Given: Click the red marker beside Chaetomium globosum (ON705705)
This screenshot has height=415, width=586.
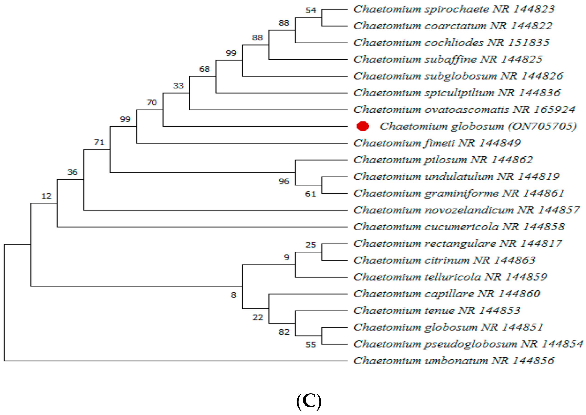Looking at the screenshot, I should tap(363, 126).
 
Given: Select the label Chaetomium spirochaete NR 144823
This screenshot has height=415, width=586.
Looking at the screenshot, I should tap(454, 9).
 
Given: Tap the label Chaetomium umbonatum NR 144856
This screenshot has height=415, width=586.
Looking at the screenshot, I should tap(454, 361).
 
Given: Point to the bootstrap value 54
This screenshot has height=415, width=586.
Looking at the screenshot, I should tap(311, 11).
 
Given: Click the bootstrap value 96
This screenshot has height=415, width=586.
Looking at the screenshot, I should tap(284, 182).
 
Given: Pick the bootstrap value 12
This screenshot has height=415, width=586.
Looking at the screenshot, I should tap(46, 196).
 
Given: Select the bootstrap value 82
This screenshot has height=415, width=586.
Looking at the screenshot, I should tap(284, 332).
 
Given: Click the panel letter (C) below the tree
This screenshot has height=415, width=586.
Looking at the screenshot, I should tap(309, 402).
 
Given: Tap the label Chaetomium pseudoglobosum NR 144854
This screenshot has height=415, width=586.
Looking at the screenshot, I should tap(468, 344).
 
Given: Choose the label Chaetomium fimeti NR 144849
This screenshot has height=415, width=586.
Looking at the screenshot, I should tap(437, 143).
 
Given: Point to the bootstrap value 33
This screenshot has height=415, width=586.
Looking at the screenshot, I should tap(178, 86).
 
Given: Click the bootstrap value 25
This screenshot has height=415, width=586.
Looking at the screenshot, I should tap(311, 245).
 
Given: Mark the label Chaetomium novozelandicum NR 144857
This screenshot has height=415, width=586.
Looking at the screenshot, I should tap(466, 210).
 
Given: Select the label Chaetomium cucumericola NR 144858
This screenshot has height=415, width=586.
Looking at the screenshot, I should tap(459, 227).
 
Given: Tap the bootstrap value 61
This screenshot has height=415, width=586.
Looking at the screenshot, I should tap(310, 194).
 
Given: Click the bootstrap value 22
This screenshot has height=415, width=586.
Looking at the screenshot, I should tap(258, 317).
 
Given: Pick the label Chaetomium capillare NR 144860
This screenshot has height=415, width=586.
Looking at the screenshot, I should tap(447, 294).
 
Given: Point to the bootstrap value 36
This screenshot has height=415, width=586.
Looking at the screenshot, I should tap(72, 172).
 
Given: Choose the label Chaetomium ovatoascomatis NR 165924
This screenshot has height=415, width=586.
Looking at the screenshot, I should tap(464, 110).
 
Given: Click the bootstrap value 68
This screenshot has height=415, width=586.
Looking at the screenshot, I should tap(204, 69).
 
